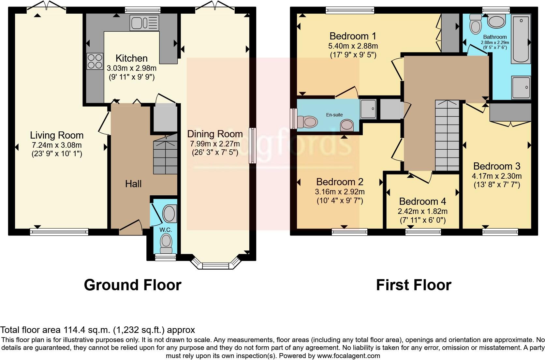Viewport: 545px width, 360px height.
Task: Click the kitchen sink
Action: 144,23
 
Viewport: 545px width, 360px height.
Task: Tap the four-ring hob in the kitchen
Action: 95,61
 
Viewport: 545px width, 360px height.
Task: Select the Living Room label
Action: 57,135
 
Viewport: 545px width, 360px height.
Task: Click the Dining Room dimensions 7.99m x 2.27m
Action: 215,143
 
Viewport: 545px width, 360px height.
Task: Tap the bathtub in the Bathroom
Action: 521,38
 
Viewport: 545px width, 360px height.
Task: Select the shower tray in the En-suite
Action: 368,109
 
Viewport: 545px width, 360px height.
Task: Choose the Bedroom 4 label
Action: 422,201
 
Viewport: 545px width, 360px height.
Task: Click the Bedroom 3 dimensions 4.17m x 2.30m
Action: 496,176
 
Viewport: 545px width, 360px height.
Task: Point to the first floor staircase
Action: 447,135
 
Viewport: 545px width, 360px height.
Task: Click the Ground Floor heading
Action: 132,285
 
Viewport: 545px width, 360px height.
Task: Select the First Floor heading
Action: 413,285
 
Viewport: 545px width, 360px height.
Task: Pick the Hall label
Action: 133,184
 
